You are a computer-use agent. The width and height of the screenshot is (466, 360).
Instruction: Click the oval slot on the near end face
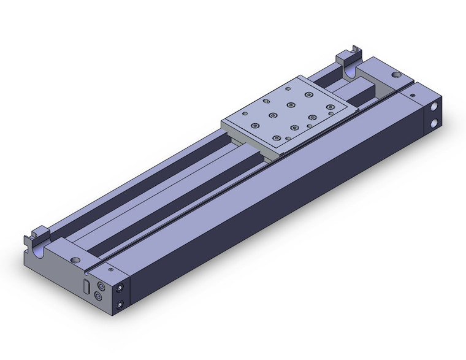point(86,286)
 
